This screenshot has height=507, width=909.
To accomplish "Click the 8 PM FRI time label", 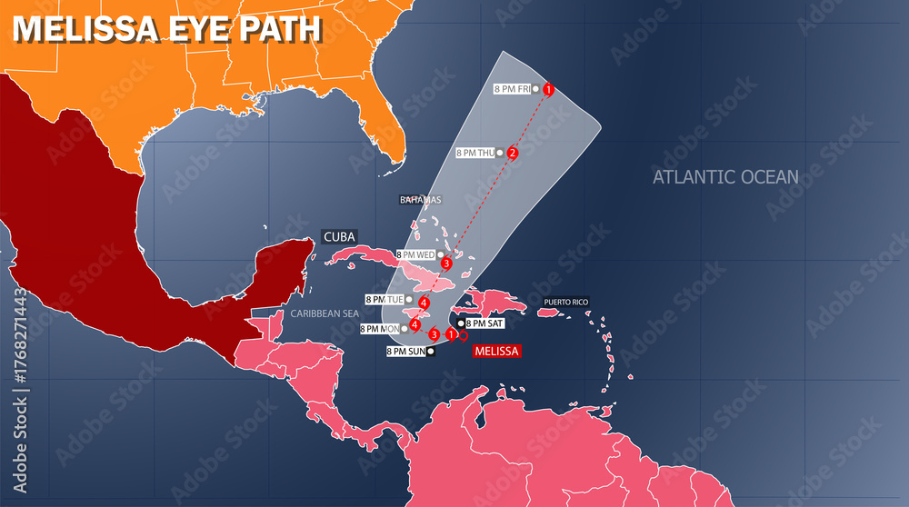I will click(x=512, y=89).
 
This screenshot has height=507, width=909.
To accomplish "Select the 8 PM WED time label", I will click(x=416, y=255).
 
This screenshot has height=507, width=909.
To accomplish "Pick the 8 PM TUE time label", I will click(x=384, y=299).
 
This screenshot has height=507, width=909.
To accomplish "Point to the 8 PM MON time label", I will click(x=380, y=329).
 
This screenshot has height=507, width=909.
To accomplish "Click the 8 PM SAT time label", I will click(x=484, y=323).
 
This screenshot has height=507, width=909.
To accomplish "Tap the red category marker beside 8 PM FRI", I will click(x=548, y=89).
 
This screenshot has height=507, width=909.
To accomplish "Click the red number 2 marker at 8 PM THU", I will click(x=513, y=153).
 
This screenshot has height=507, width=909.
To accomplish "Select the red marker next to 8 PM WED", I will click(x=445, y=263).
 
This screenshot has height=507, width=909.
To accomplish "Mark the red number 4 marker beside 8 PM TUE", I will click(x=424, y=302).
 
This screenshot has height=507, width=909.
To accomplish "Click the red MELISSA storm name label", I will click(x=496, y=351).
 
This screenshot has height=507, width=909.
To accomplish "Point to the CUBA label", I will click(x=339, y=236).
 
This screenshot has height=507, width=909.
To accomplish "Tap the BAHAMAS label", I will click(x=420, y=200).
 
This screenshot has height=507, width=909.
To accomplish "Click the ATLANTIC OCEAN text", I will click(x=725, y=177).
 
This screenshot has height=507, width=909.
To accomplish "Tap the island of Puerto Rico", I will click(x=549, y=313).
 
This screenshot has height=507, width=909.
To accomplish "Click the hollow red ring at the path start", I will click(x=464, y=335).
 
